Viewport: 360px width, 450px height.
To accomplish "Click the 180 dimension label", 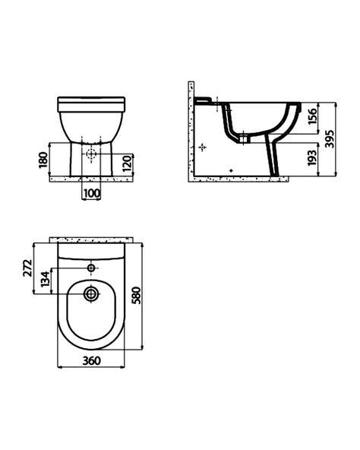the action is (43, 160).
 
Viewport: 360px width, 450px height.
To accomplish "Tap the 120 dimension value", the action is (127, 163).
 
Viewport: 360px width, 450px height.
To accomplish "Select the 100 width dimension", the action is (92, 193).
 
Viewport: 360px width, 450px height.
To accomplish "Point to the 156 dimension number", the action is (312, 116).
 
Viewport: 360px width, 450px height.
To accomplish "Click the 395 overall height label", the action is (330, 139).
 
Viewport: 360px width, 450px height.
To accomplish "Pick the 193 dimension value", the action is (312, 157).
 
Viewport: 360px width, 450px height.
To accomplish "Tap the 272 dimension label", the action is (27, 268).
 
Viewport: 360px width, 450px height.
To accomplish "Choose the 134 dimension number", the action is (46, 279).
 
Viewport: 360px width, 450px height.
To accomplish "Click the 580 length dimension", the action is (136, 295).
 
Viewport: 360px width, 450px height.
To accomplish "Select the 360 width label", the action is (92, 360).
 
